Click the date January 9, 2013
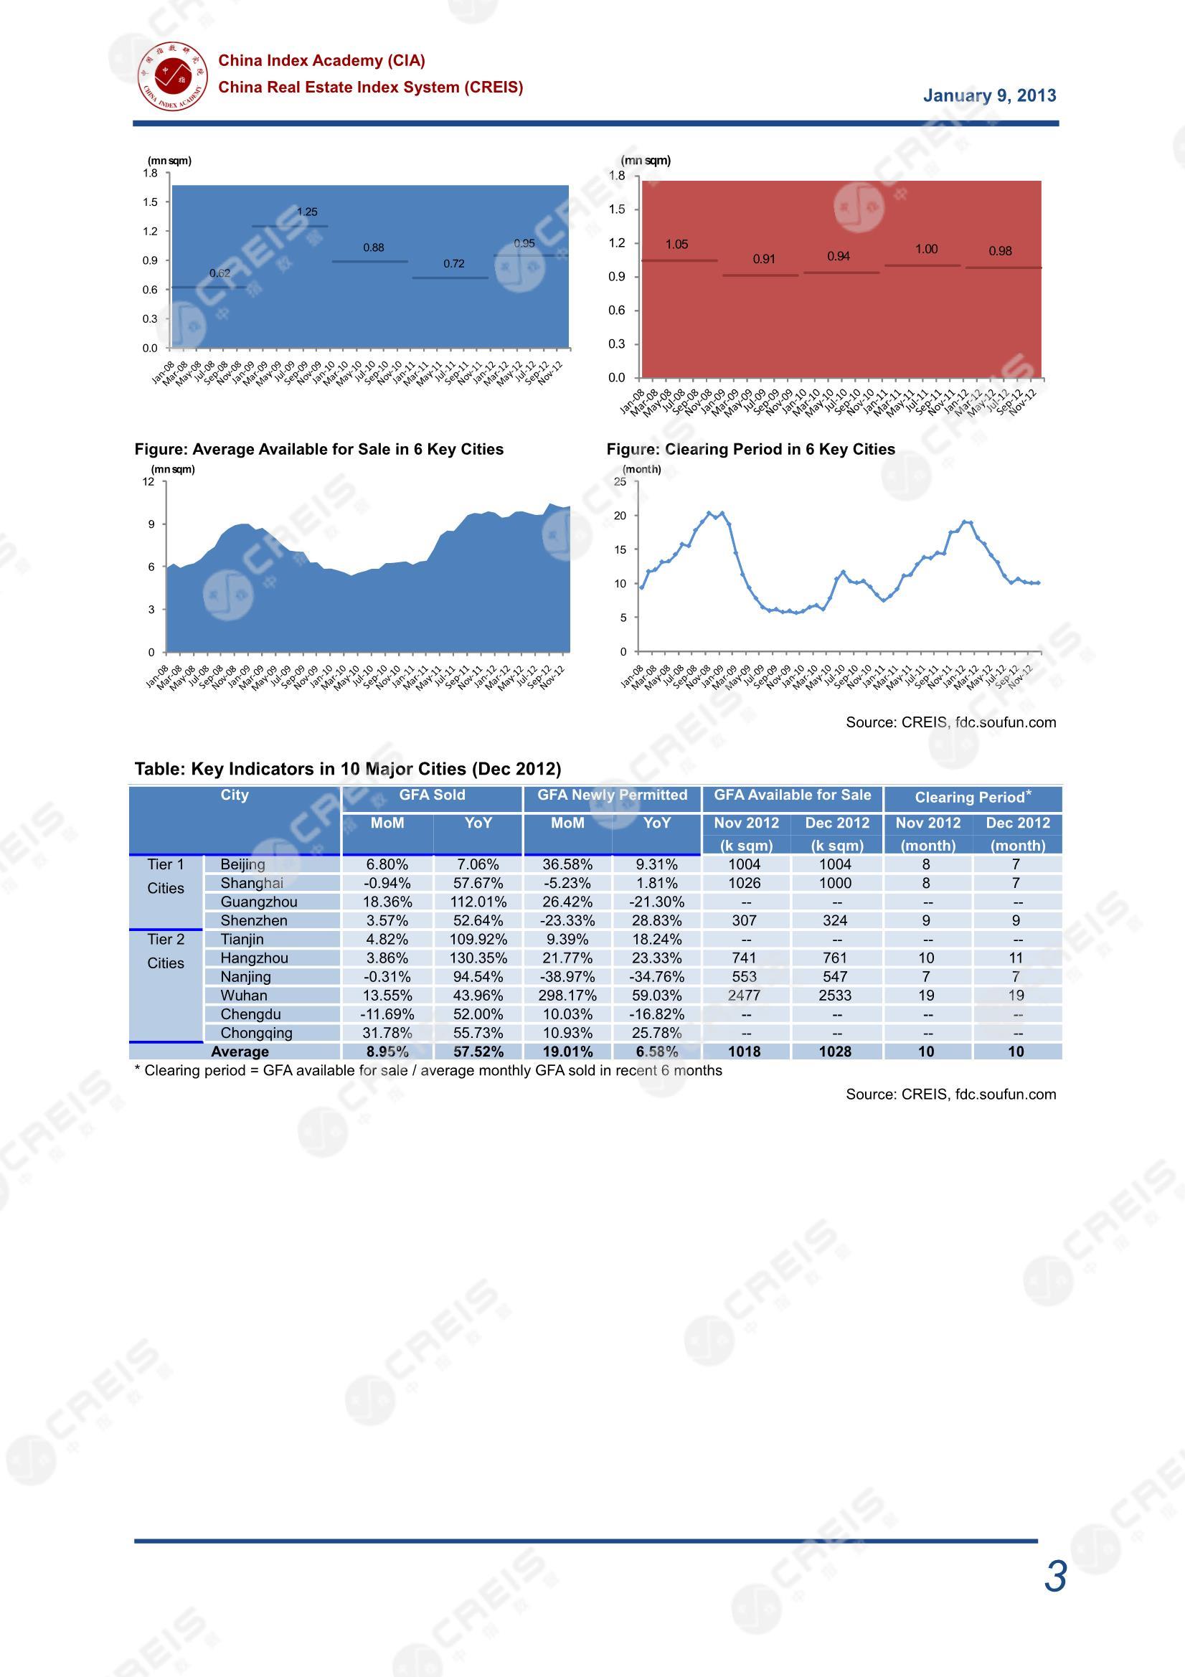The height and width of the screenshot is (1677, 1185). (x=989, y=95)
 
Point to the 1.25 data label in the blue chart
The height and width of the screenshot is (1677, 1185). (x=307, y=212)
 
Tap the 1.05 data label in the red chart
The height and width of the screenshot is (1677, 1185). (x=676, y=244)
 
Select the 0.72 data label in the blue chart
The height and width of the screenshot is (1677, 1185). (x=453, y=264)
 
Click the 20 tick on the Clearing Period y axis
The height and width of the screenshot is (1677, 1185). (x=620, y=516)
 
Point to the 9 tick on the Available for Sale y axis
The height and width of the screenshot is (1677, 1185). (x=151, y=524)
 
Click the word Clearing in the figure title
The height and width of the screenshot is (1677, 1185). (x=700, y=449)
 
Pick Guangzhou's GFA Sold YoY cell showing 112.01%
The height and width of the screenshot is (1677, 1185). (x=478, y=902)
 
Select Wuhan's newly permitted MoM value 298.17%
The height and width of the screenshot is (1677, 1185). (x=567, y=996)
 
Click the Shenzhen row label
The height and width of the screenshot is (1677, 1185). (x=253, y=920)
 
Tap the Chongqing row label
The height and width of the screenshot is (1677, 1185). (x=255, y=1033)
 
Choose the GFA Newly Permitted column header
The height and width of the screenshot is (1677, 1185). (x=612, y=795)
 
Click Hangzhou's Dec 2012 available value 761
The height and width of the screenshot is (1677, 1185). (x=835, y=958)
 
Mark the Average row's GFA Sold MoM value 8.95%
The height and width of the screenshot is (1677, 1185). (x=387, y=1052)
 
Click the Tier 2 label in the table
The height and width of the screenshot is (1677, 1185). (x=165, y=940)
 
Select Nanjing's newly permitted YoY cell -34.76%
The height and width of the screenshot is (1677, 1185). (x=657, y=976)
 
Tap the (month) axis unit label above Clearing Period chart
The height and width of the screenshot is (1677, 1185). (x=641, y=469)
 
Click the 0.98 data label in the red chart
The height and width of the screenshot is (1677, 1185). (x=1000, y=251)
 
